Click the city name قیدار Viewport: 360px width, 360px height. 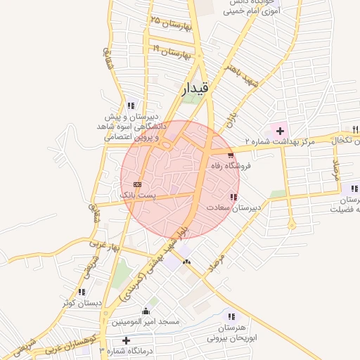tap(195, 86)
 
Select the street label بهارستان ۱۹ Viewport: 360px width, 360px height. tap(172, 51)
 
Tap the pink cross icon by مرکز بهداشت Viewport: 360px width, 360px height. tap(280, 131)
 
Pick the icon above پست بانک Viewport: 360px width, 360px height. tap(137, 184)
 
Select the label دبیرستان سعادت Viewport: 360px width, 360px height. tap(233, 208)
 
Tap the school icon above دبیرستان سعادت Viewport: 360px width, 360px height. tap(233, 197)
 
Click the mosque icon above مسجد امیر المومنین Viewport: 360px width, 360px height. tap(146, 310)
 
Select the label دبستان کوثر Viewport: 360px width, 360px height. tap(82, 303)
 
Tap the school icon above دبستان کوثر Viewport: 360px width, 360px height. tap(82, 292)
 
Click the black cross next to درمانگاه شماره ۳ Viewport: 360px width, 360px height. tap(126, 340)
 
